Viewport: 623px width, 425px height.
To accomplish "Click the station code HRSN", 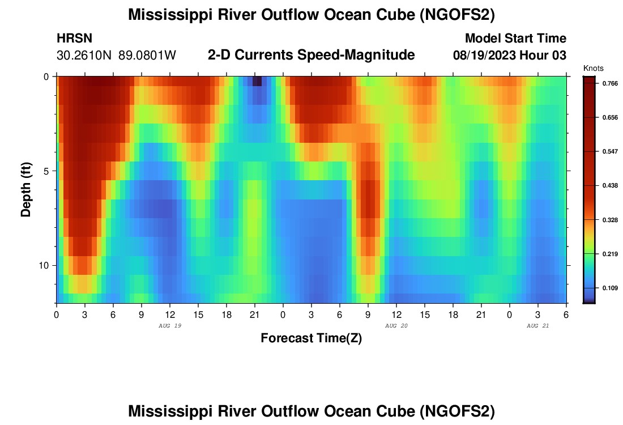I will point(75,39).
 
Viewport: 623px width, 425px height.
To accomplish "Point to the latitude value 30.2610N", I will point(85,56).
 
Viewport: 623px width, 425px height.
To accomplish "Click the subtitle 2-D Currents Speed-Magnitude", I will point(311,55).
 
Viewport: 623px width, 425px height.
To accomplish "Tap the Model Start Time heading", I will point(515,39).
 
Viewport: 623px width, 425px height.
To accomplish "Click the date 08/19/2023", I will point(484,56).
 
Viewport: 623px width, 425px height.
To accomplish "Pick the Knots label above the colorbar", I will point(594,68).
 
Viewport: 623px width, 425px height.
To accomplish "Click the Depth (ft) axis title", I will point(25,189).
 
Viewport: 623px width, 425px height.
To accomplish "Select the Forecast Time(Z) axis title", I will point(311,338).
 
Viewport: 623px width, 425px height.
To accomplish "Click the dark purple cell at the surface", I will point(257,81).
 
